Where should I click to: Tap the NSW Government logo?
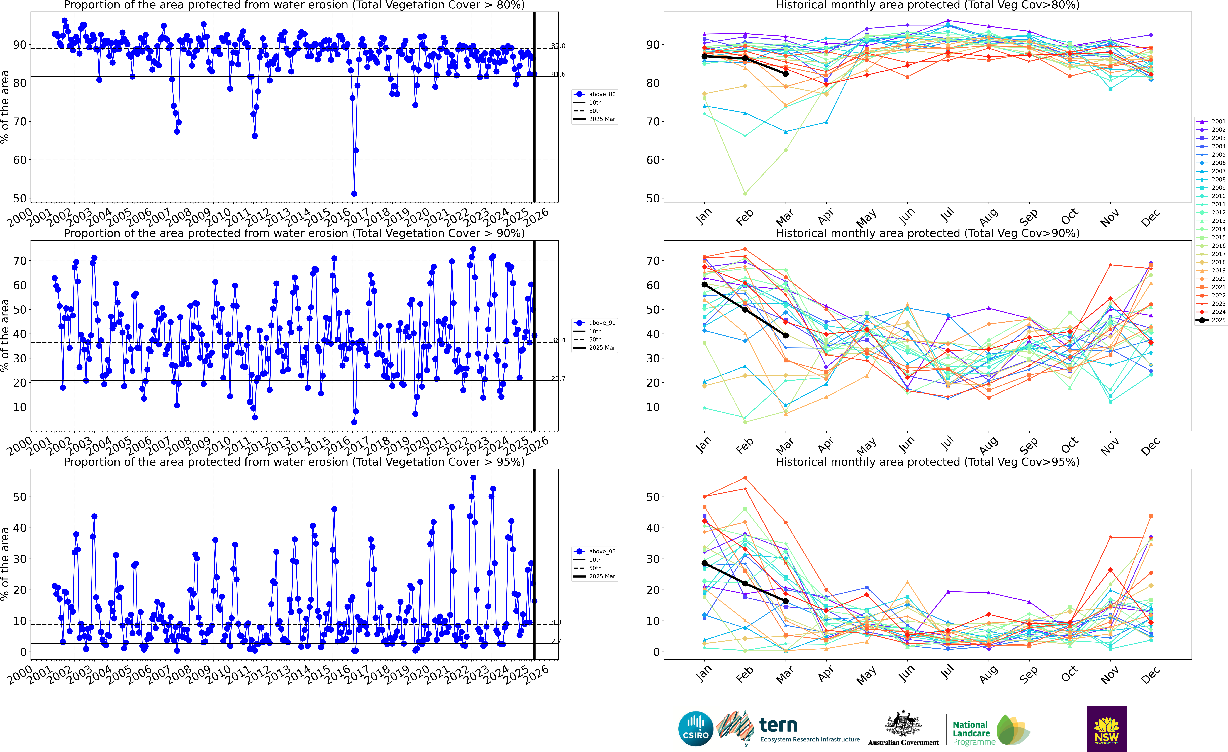pyautogui.click(x=1106, y=729)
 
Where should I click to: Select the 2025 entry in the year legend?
pyautogui.click(x=1211, y=320)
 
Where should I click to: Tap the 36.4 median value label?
pyautogui.click(x=558, y=340)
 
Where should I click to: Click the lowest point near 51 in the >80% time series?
pyautogui.click(x=354, y=194)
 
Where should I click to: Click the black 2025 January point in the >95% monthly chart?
pyautogui.click(x=704, y=563)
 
